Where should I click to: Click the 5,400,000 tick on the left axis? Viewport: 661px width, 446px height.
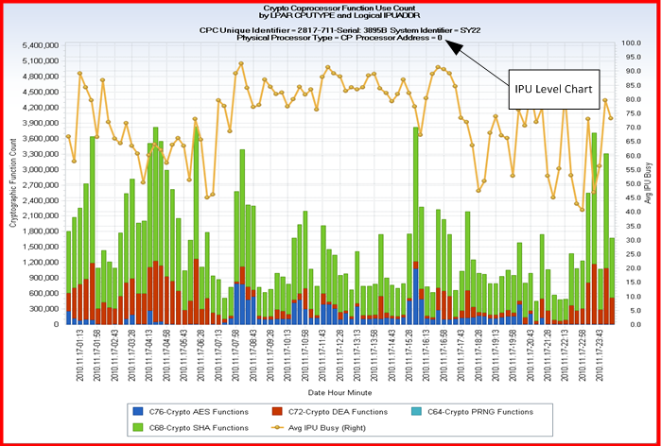pos(37,45)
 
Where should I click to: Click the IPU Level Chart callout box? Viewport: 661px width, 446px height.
pos(552,88)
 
